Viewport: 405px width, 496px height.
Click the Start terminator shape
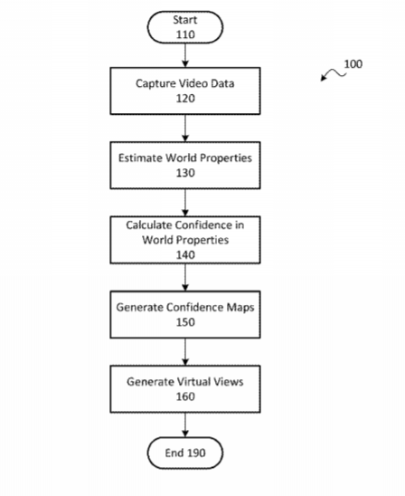pyautogui.click(x=185, y=27)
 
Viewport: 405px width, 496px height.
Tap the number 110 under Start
pyautogui.click(x=185, y=34)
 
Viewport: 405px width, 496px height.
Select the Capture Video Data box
pyautogui.click(x=185, y=91)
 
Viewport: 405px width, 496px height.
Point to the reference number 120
pyautogui.click(x=185, y=99)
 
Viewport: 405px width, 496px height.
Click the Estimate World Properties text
pyautogui.click(x=185, y=157)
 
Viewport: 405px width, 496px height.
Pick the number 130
pyautogui.click(x=185, y=173)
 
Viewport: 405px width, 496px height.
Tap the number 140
pyautogui.click(x=185, y=255)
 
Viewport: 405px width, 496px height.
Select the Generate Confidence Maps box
pyautogui.click(x=185, y=314)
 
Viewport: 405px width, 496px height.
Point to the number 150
pyautogui.click(x=185, y=322)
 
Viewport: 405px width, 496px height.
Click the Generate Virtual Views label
pyautogui.click(x=185, y=382)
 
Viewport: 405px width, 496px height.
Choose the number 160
pyautogui.click(x=185, y=396)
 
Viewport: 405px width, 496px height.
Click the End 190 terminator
pyautogui.click(x=185, y=453)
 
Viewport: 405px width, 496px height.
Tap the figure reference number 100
pyautogui.click(x=353, y=64)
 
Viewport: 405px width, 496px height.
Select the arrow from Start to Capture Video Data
pyautogui.click(x=185, y=55)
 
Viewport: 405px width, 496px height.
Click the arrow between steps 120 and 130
pyautogui.click(x=185, y=128)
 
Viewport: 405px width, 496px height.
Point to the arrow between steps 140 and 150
pyautogui.click(x=185, y=277)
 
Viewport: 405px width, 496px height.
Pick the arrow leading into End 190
pyautogui.click(x=185, y=424)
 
